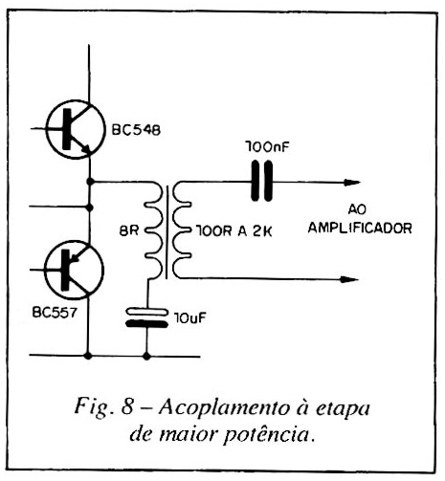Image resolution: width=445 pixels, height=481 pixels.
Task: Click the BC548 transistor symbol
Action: pos(76,129)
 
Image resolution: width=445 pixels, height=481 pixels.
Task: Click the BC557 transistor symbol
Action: pos(74,270)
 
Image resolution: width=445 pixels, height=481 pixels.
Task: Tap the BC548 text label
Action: pos(136,130)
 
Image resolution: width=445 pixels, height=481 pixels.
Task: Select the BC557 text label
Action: pos(55,313)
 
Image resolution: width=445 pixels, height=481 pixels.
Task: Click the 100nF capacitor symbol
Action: pos(262,181)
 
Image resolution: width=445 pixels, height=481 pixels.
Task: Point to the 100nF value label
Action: pos(267,147)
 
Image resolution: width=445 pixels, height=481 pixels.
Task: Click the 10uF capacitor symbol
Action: pos(147,317)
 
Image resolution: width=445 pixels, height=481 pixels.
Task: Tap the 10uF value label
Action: pos(190,317)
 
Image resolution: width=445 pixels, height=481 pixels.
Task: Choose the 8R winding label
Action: pos(129,230)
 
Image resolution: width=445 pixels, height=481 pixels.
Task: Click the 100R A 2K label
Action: pos(234,231)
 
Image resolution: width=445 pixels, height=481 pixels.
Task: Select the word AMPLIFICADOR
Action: pos(360,229)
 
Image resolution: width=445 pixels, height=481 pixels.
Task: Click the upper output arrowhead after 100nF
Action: pos(352,183)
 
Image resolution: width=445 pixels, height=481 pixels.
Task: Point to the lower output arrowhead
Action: pos(350,280)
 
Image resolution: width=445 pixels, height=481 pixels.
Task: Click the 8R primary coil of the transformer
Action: pos(154,230)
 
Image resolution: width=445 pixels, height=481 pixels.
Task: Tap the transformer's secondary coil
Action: pos(182,230)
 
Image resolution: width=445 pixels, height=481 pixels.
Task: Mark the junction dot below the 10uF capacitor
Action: pos(146,356)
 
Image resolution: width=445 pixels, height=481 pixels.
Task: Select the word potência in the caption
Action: pos(267,435)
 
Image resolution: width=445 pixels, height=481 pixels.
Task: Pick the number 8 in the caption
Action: pos(126,406)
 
